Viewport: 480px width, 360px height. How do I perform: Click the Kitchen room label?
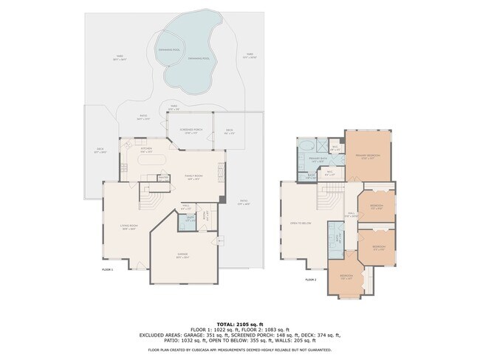146,150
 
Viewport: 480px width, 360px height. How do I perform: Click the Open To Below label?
299,224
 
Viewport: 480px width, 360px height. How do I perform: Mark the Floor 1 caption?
107,270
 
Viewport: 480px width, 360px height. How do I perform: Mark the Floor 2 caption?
310,280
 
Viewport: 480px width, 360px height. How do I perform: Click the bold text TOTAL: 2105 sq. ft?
240,323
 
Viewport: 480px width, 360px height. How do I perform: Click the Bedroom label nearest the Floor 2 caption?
346,277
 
